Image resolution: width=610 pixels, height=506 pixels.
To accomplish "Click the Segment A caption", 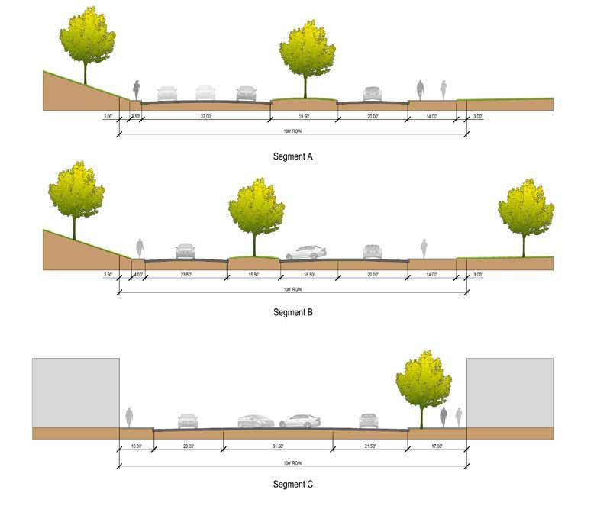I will click(294, 156).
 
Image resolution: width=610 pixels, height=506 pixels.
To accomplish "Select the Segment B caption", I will click(294, 312).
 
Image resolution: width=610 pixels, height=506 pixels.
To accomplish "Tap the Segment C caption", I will click(293, 484).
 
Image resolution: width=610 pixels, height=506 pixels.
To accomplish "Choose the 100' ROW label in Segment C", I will click(293, 463).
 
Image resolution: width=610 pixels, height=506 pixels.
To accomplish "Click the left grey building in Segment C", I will click(75, 392).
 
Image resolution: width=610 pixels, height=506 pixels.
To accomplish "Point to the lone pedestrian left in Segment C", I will click(129, 417).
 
